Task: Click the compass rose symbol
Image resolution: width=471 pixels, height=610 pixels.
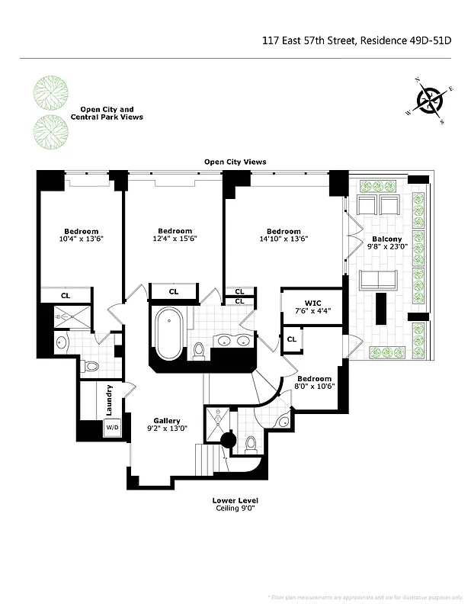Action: pos(431,101)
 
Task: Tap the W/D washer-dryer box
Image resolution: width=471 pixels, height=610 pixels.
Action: pos(112,428)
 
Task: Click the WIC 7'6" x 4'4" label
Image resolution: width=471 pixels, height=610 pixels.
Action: pos(312,306)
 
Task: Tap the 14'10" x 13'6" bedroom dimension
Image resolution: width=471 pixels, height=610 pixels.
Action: pos(284,239)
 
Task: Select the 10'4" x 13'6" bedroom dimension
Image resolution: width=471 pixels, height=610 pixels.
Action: pos(81,239)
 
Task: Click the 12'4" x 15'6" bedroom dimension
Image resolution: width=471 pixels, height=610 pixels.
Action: pos(175,239)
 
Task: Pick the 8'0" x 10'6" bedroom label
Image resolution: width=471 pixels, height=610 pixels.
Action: pos(314,383)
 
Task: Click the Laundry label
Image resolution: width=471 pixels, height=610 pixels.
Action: pos(111,398)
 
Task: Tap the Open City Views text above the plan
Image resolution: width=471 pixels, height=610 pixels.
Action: pos(235,162)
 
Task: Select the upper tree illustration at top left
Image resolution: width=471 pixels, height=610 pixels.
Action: pos(50,93)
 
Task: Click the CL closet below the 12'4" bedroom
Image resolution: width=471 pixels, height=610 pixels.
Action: pos(174,291)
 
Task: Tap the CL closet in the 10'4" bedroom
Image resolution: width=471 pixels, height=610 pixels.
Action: pos(66,295)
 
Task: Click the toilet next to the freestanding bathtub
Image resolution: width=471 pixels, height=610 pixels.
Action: pos(200,351)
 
